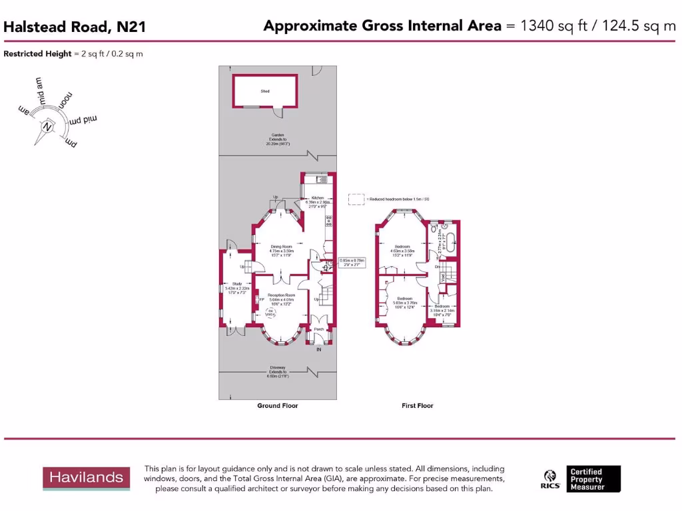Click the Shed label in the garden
(x=264, y=90)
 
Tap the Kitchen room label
(x=318, y=198)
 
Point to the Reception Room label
(x=282, y=295)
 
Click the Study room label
(x=237, y=284)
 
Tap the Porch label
(x=319, y=329)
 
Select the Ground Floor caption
(x=278, y=405)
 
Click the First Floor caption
(x=418, y=405)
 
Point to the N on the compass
(x=47, y=127)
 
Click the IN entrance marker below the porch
(x=318, y=349)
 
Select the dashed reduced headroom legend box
(x=357, y=199)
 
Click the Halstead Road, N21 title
(x=75, y=27)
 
